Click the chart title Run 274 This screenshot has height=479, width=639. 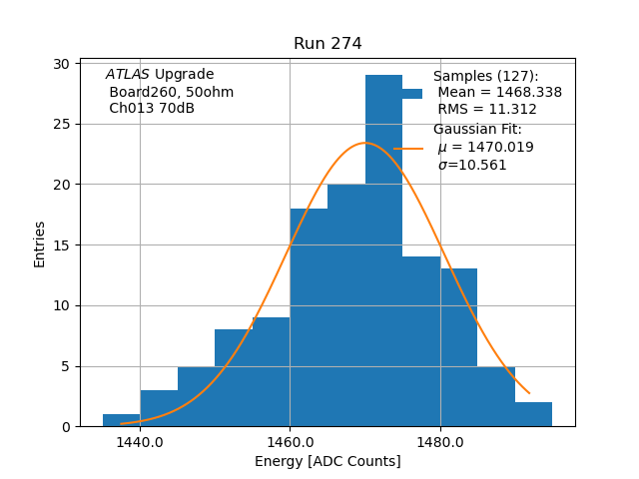point(327,44)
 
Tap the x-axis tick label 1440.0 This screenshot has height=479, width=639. point(140,442)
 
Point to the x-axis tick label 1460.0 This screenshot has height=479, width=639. point(290,442)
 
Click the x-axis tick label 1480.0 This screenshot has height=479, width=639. point(440,442)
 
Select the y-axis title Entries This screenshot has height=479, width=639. point(40,244)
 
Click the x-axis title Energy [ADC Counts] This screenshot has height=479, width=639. point(327,461)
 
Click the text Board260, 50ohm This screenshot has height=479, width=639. point(171,92)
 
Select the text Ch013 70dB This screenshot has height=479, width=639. point(152,109)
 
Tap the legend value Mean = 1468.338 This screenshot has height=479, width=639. point(499,93)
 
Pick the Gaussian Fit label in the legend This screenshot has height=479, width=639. point(477,130)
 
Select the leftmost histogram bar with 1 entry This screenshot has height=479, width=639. point(121,420)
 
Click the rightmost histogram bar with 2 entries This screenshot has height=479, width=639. point(533,414)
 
